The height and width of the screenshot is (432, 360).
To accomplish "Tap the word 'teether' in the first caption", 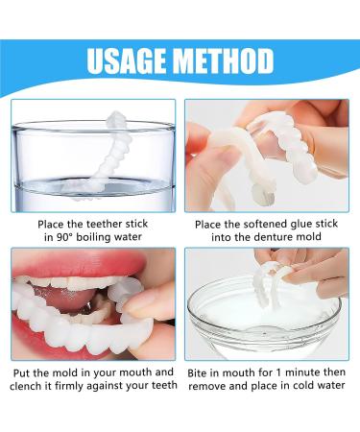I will (x=101, y=224).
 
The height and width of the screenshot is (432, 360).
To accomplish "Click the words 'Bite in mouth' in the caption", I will (x=221, y=372).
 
